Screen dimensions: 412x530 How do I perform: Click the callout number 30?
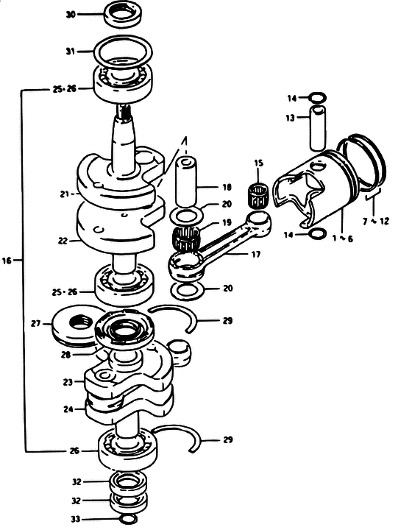71,15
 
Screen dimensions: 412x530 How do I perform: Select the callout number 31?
70,52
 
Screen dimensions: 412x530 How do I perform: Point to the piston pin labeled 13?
318,127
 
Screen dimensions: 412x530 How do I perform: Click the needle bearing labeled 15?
258,196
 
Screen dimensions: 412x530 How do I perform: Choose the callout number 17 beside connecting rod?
256,254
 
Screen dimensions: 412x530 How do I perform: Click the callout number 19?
227,222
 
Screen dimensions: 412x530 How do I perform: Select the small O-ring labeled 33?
129,518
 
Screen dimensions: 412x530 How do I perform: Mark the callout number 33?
76,519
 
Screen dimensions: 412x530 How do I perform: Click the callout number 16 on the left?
7,261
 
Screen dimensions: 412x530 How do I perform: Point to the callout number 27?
36,323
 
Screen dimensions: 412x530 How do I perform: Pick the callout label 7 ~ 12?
376,222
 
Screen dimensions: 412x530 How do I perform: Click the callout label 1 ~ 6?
342,239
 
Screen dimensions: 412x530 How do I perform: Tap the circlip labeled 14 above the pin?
318,98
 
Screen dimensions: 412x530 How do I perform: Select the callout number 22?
63,241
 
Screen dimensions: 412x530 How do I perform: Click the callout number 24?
68,409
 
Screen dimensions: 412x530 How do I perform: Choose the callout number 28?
66,355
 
